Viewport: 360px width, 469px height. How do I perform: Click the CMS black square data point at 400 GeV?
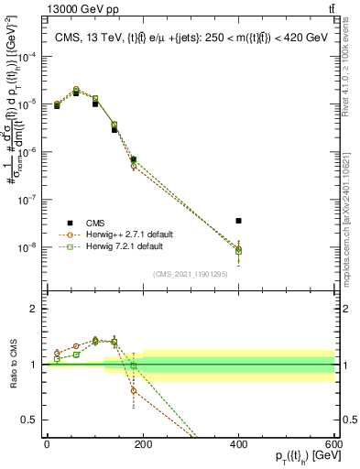tap(238, 221)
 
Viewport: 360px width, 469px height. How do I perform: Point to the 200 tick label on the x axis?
tap(142, 443)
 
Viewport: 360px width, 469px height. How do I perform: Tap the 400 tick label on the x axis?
tap(238, 443)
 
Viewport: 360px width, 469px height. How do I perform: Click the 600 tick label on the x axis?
tap(333, 443)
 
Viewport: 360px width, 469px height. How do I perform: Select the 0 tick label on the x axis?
tap(47, 443)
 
